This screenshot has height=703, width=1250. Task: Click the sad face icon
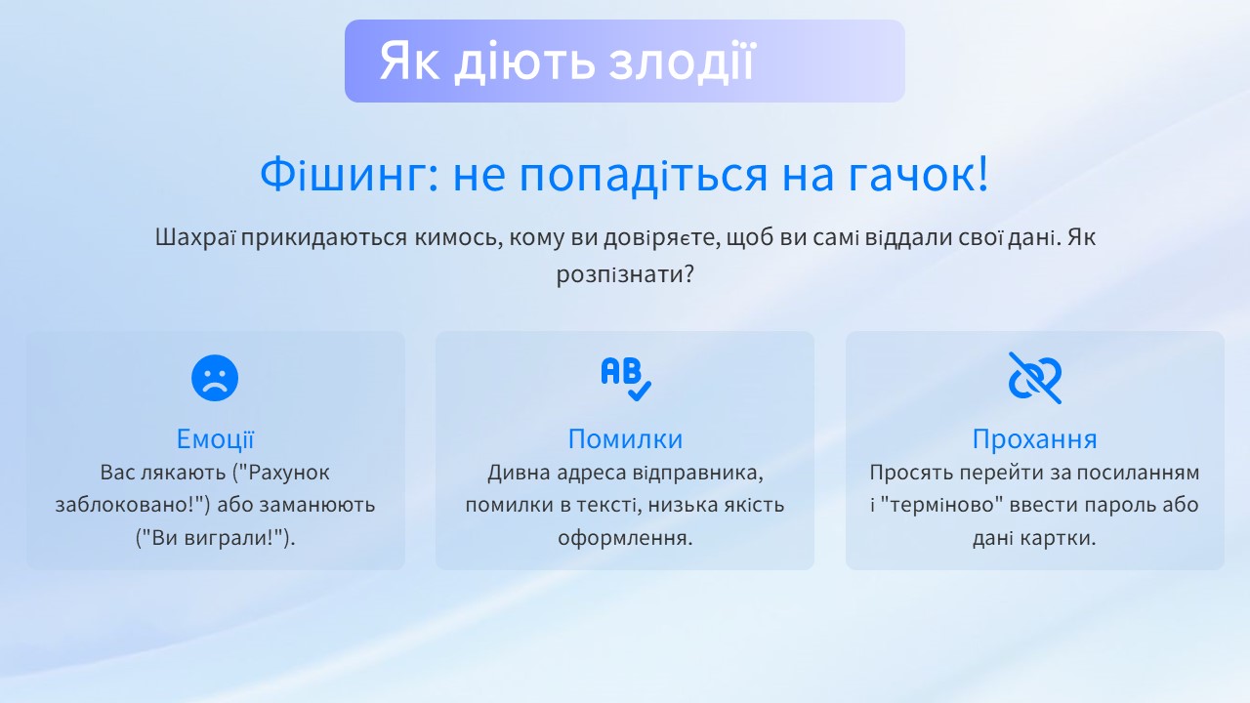[x=215, y=378]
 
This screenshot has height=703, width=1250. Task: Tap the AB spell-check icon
[x=626, y=379]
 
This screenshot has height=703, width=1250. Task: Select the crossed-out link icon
[x=1034, y=378]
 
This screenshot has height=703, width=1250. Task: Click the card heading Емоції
[x=216, y=439]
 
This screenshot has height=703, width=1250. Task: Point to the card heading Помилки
[x=625, y=439]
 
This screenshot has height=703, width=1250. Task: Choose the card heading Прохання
[x=1034, y=439]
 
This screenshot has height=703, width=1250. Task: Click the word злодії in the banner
[x=682, y=62]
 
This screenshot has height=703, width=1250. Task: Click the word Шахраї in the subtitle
[x=194, y=237]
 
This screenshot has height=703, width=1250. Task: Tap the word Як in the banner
[x=409, y=62]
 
